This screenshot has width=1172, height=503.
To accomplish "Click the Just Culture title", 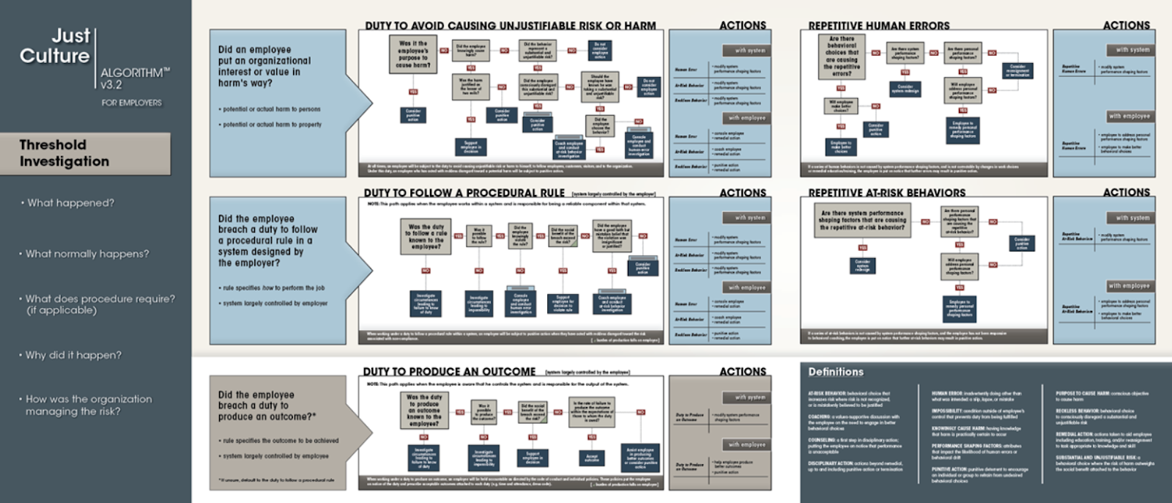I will pos(55,45).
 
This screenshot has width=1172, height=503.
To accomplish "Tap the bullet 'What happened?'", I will pos(70,203).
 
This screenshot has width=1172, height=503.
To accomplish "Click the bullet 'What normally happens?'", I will pos(86,254).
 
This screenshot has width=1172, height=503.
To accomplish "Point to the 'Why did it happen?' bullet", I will pos(73,355).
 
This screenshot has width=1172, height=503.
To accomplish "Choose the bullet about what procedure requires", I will pos(100,304).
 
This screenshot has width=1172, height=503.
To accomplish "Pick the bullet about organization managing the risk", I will pos(89,405).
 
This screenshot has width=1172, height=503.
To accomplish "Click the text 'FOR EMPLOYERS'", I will pos(132,103).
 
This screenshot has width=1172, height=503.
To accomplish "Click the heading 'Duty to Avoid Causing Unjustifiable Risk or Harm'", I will pos(511,26).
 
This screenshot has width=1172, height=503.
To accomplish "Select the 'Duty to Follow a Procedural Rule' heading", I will pos(464,193).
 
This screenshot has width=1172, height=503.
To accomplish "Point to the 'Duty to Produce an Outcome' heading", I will pos(449,372).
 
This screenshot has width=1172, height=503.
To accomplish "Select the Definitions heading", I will pos(836,372).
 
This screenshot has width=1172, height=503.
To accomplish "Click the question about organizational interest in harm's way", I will pos(264,66).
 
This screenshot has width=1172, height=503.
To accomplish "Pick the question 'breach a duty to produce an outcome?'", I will pos(267,405).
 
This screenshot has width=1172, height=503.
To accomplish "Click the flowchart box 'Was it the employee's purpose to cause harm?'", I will pos(413,54).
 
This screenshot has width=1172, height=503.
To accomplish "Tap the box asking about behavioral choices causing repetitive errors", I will pos(842,56).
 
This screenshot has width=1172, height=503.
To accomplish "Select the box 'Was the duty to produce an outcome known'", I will pos(424,410).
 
